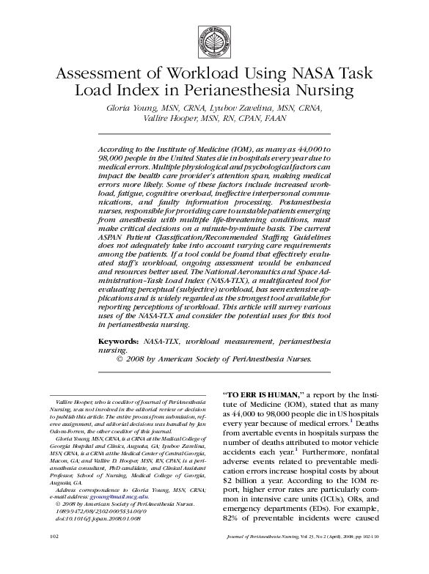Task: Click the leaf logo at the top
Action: coord(214,37)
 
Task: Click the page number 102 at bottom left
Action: coord(54,557)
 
